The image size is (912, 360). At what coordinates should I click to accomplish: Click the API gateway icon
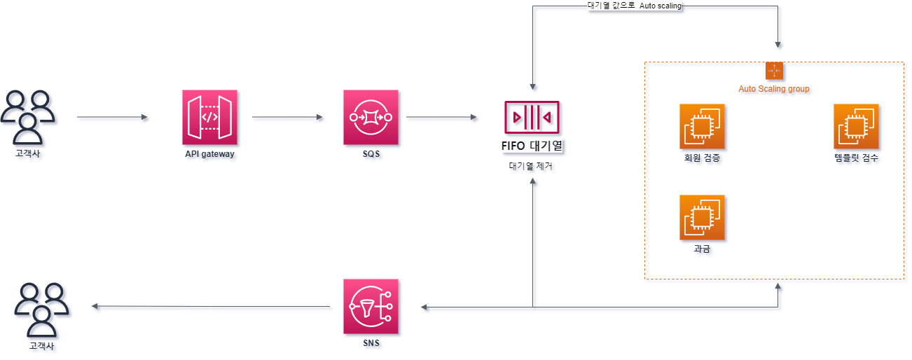click(209, 117)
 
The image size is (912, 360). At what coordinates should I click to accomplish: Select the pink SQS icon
click(371, 117)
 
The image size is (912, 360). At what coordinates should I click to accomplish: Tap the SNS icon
click(371, 306)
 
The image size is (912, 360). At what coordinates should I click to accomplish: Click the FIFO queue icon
click(532, 117)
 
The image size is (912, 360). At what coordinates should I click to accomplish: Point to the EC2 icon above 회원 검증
click(702, 127)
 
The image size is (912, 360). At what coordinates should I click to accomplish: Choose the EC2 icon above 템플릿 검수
click(856, 127)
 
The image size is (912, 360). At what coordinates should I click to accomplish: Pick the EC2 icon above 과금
click(702, 218)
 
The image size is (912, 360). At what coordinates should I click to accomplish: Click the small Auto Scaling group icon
click(774, 71)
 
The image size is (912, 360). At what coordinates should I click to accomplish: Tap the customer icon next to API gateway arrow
click(28, 116)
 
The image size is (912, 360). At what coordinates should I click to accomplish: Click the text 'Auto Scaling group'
click(774, 89)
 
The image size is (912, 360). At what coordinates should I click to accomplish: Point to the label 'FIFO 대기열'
click(532, 147)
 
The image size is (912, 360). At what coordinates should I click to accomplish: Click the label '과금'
click(701, 249)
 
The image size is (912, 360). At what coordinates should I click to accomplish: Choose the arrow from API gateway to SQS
click(287, 117)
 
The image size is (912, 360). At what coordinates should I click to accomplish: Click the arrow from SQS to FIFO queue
click(441, 117)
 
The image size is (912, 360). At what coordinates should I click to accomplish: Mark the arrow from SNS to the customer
click(210, 306)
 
